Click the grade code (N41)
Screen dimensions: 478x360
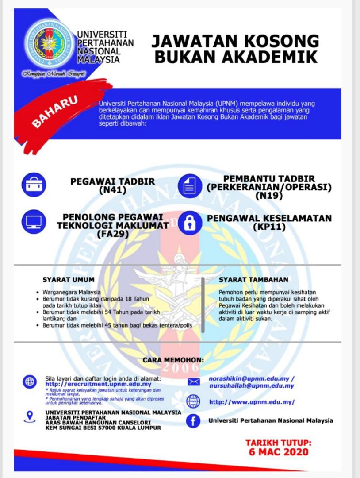(x=112, y=191)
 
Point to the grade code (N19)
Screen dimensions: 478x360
(x=269, y=195)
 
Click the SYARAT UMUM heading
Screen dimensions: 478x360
(x=68, y=280)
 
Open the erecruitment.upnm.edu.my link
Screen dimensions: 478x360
(x=98, y=384)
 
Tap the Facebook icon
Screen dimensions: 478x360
(x=193, y=420)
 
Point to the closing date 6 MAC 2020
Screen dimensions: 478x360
(x=278, y=452)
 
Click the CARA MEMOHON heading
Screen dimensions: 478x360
(x=173, y=360)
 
